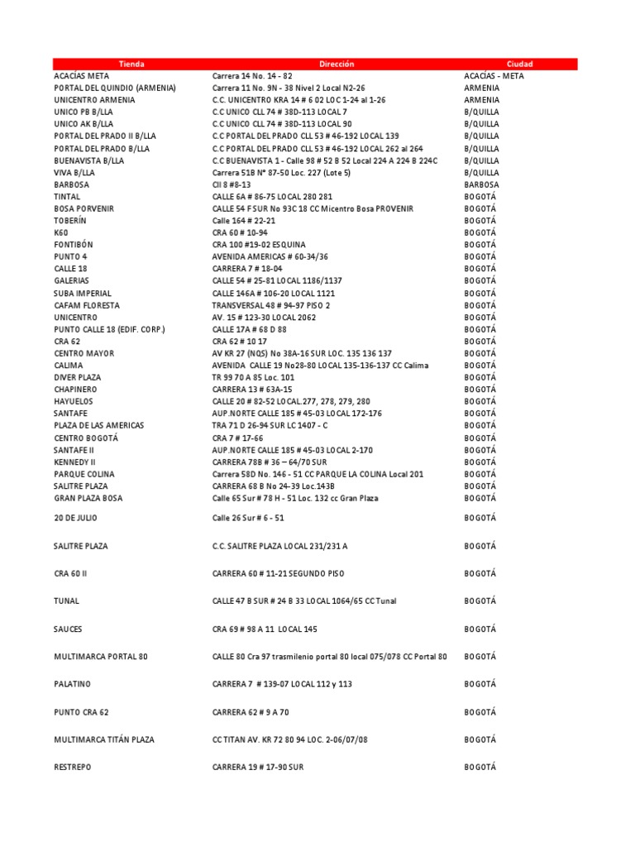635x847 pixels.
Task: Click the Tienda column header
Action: tap(131, 64)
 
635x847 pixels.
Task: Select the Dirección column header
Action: tap(337, 64)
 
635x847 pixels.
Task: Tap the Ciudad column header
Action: tap(520, 64)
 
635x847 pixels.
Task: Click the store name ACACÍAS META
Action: tap(81, 76)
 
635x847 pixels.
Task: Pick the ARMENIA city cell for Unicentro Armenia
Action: tap(482, 100)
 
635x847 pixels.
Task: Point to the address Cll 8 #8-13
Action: tap(232, 184)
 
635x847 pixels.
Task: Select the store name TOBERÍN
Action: tap(70, 221)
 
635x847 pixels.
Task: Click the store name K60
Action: tap(61, 233)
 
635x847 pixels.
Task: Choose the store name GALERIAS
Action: tap(71, 281)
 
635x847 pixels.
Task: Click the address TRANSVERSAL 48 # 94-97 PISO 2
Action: tap(271, 305)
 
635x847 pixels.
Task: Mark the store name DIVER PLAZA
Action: tap(78, 377)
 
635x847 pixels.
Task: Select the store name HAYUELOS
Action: tap(74, 401)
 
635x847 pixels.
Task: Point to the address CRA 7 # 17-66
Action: tap(238, 438)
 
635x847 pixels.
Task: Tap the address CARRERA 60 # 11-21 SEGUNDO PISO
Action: tap(279, 573)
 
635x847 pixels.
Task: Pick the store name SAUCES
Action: tap(68, 629)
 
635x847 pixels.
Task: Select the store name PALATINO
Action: tap(73, 684)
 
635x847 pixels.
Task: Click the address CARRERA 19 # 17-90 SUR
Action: tap(258, 767)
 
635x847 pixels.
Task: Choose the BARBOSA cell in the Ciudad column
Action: tap(482, 184)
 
